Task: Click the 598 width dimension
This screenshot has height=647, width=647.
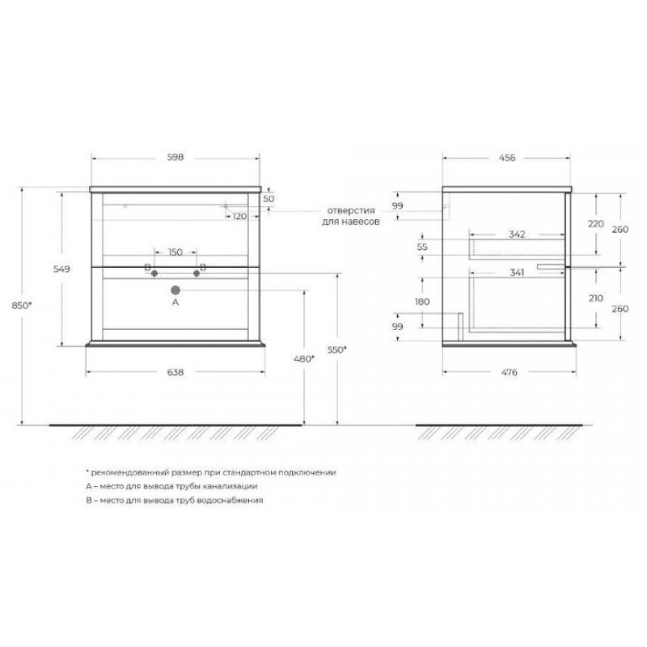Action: (175, 157)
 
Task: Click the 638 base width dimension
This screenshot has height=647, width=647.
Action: (175, 372)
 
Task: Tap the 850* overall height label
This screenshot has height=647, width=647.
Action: (22, 306)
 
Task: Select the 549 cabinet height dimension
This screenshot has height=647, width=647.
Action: (62, 269)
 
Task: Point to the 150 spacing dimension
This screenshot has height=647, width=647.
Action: (175, 252)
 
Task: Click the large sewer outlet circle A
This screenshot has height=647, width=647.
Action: (175, 290)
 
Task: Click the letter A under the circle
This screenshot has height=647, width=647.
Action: (175, 302)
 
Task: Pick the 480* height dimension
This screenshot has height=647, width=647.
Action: (304, 359)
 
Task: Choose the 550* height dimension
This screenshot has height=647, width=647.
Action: (337, 350)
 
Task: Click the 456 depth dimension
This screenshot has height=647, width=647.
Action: (507, 158)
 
